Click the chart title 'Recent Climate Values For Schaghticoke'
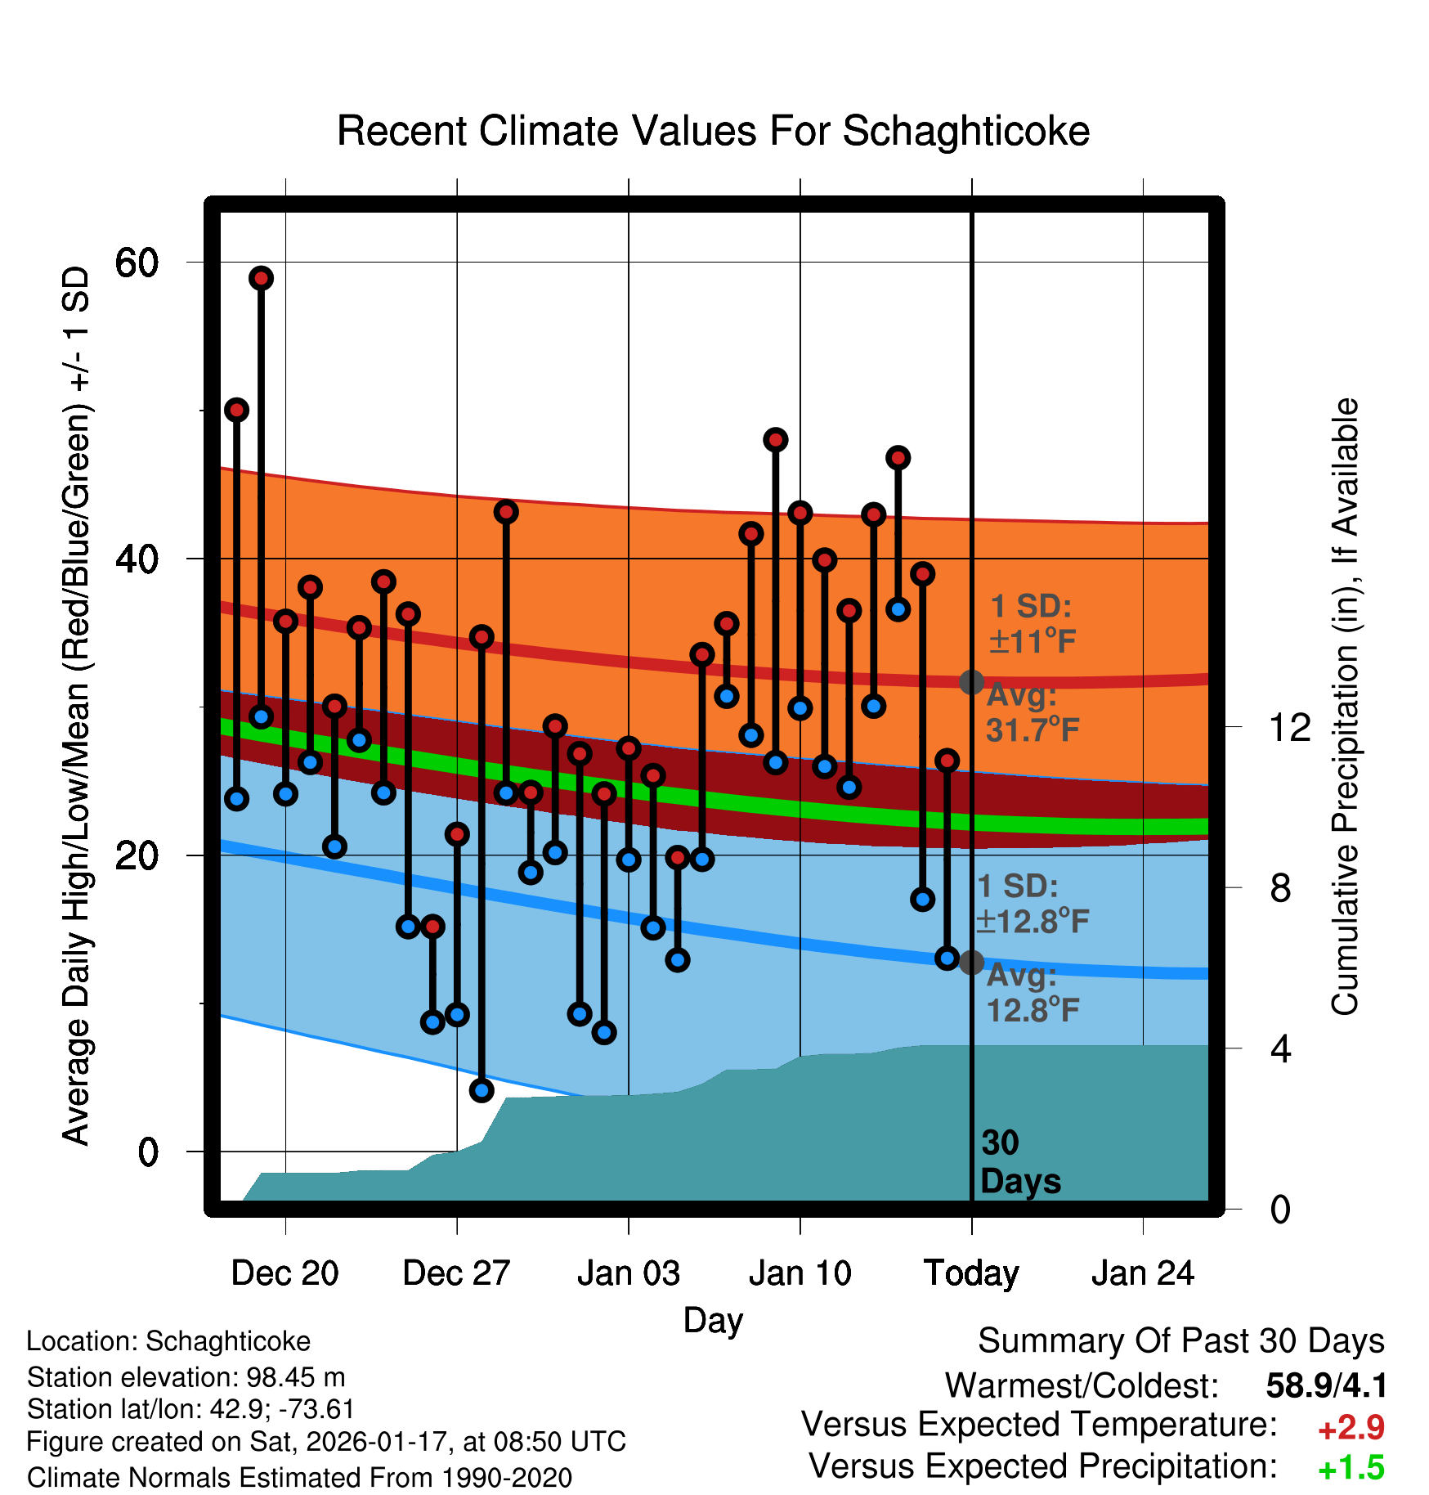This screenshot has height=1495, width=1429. click(713, 131)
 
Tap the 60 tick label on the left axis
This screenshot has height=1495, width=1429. click(136, 263)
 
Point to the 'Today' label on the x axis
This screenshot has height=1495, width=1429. click(971, 1273)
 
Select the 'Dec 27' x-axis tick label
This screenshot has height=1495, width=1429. click(456, 1273)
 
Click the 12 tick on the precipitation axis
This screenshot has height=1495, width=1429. click(1290, 727)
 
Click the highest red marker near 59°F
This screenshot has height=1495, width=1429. click(262, 278)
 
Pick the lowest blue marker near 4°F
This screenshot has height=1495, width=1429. click(482, 1089)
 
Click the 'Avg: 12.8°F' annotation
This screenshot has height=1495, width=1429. click(1032, 993)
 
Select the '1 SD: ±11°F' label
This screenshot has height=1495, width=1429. click(1032, 624)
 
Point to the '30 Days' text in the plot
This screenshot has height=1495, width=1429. click(1019, 1162)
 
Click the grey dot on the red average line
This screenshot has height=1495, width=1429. click(971, 681)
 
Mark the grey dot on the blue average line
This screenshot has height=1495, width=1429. click(971, 963)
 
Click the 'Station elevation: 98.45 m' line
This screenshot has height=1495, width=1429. click(186, 1377)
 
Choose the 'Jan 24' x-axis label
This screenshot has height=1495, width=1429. click(1143, 1273)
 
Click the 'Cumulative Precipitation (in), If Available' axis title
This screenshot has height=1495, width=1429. click(1345, 707)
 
